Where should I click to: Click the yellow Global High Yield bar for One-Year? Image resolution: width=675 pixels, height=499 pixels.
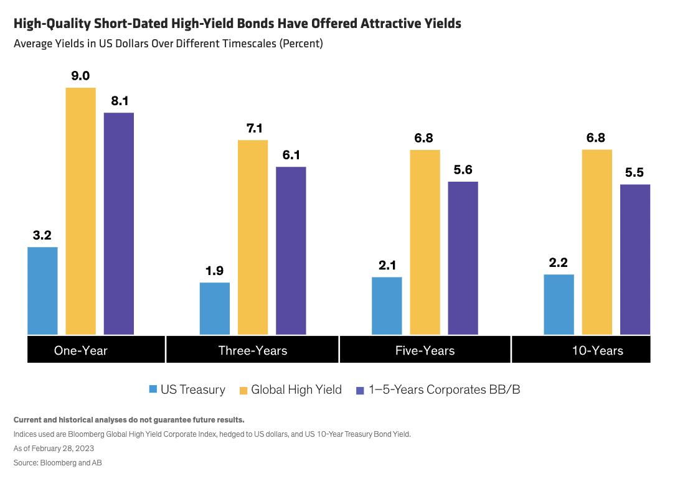coord(81,211)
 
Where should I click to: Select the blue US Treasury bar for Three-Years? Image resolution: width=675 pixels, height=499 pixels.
coord(215,309)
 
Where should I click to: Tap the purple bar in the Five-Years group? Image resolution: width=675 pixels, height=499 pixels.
coord(463,258)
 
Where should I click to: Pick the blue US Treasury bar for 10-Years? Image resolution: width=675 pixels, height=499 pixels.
coord(559,304)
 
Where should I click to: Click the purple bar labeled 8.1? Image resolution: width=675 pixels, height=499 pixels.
coord(119,223)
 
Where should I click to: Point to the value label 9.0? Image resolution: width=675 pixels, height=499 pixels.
coord(81,76)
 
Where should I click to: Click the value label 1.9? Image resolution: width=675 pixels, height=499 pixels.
coord(215,271)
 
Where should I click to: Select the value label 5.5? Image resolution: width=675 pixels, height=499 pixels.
coord(635,172)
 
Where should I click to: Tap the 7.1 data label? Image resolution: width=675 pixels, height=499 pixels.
coord(253,128)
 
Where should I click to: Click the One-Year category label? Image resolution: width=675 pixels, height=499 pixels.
coord(81,350)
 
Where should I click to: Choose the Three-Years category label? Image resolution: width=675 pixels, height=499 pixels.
coord(253,350)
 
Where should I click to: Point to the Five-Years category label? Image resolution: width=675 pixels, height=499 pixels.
coord(425,350)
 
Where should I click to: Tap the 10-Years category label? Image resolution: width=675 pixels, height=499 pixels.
coord(597,350)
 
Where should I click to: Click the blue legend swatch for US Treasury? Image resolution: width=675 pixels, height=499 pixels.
coord(153,390)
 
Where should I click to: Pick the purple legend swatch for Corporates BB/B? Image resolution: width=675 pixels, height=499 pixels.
coord(359,390)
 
